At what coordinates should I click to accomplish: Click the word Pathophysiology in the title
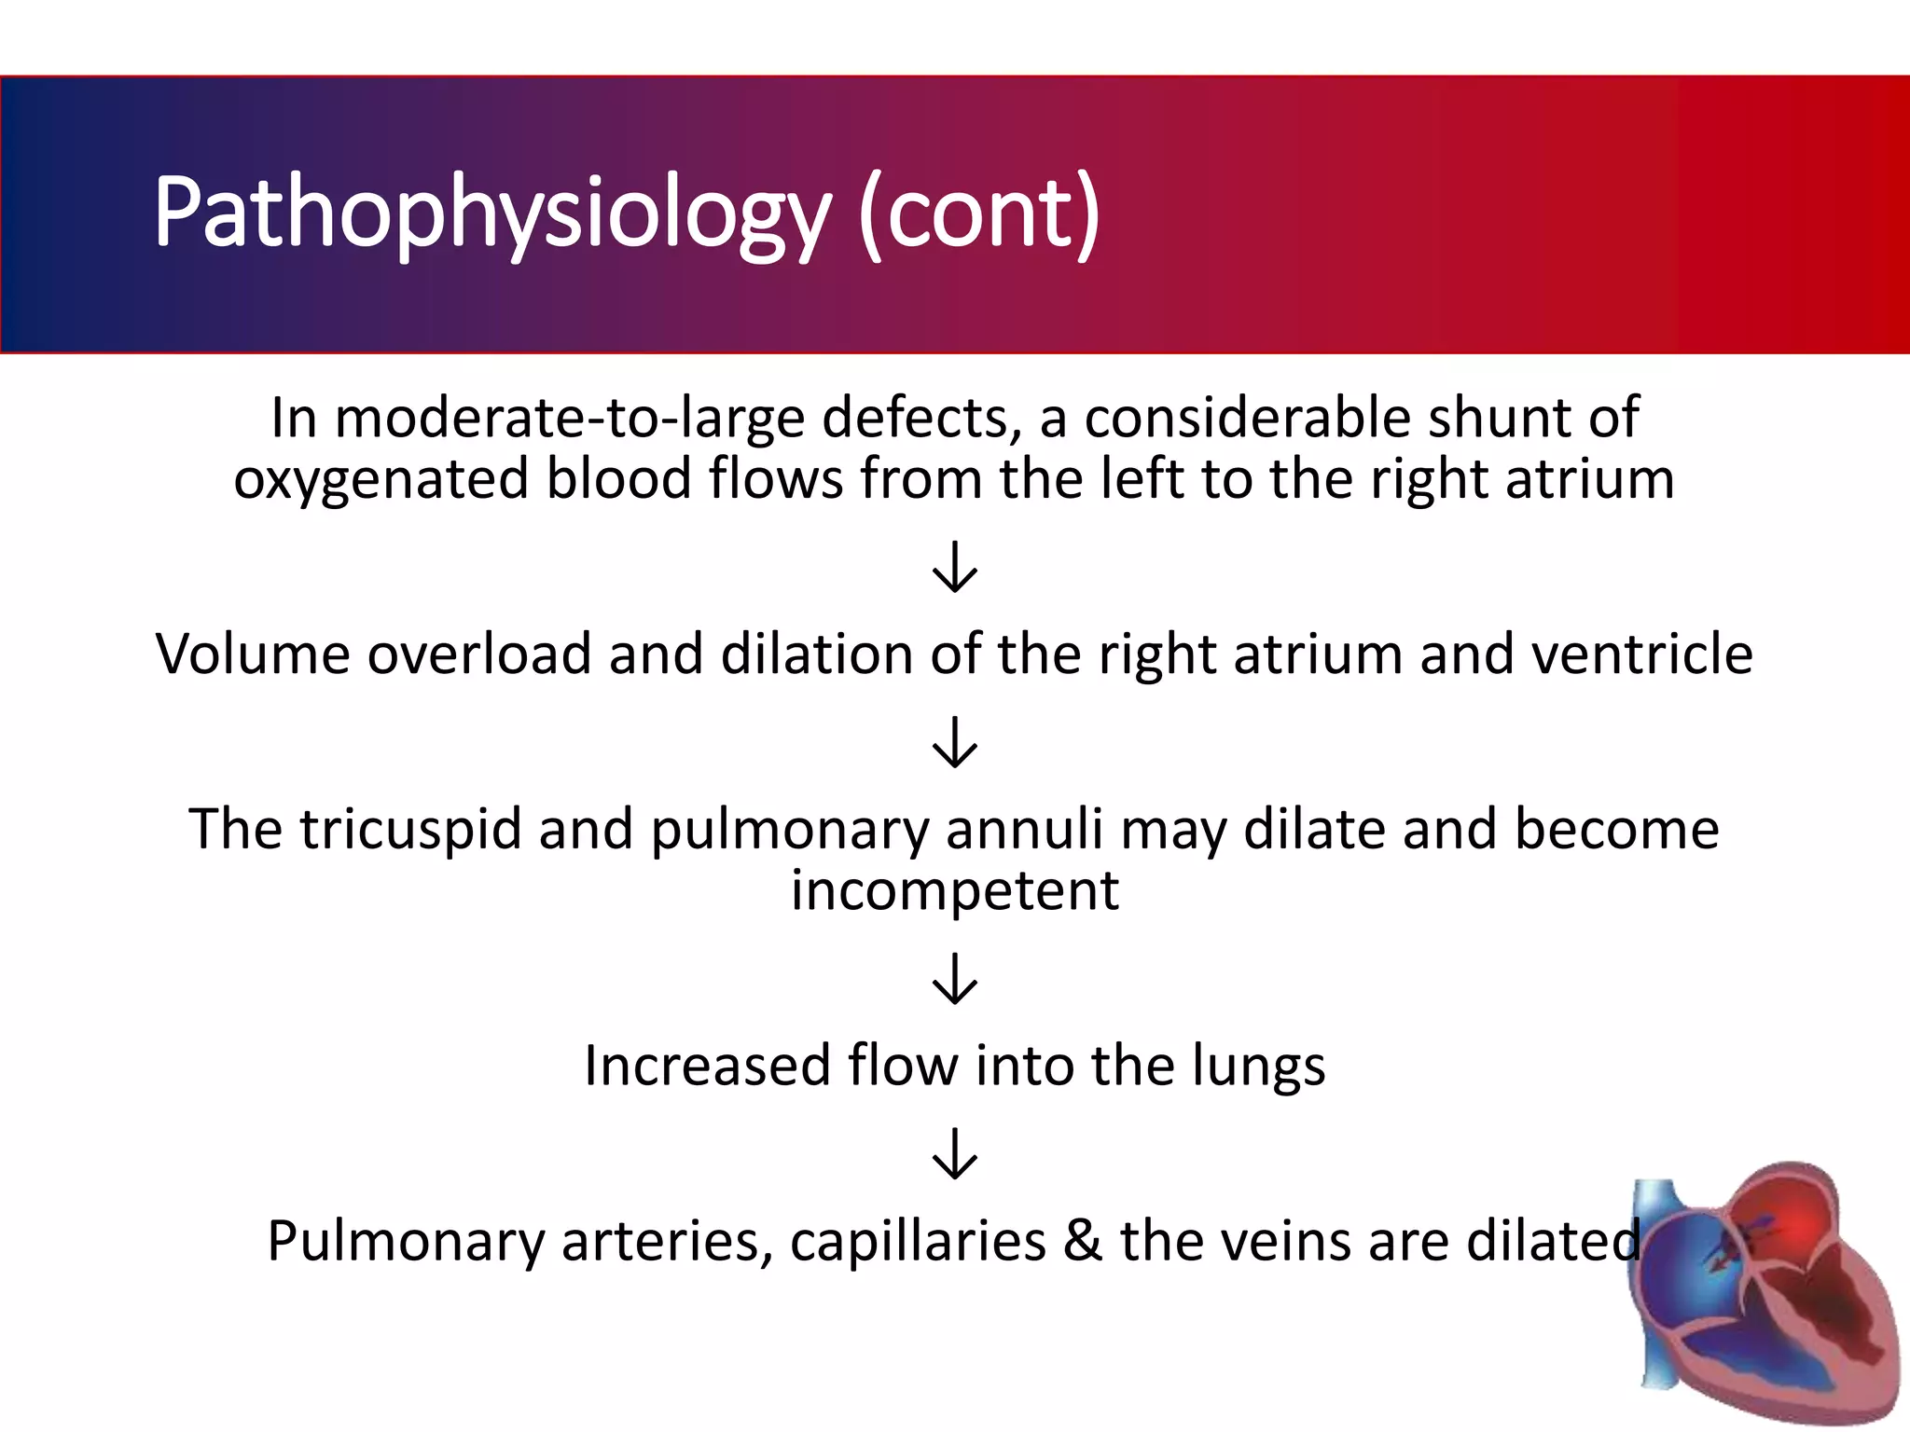click(x=491, y=214)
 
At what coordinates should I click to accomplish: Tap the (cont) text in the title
click(x=979, y=214)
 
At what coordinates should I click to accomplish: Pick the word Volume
click(x=252, y=654)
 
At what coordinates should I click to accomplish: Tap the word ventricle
click(x=1642, y=654)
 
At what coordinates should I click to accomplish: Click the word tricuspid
click(x=410, y=829)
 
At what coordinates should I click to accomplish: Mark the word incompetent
click(x=955, y=890)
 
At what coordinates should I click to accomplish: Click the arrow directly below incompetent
click(x=955, y=979)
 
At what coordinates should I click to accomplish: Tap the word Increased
click(x=707, y=1066)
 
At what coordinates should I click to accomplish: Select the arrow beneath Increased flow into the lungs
click(x=955, y=1154)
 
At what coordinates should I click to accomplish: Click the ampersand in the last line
click(x=1083, y=1241)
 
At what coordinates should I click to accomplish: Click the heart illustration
click(x=1763, y=1296)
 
